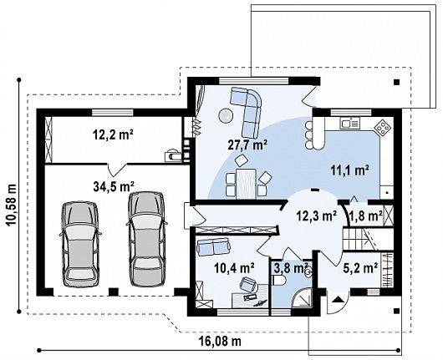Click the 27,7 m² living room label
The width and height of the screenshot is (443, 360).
[x=247, y=145]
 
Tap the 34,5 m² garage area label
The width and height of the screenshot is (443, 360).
[x=114, y=186]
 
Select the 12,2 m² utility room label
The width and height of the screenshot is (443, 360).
[x=113, y=134]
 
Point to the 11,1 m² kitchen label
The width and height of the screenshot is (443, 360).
[x=349, y=170]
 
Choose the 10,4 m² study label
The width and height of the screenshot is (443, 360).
[x=234, y=268]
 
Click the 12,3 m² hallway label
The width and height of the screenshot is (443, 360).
[x=316, y=215]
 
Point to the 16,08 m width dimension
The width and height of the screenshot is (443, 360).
[x=221, y=342]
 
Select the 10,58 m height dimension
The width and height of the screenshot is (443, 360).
[x=12, y=205]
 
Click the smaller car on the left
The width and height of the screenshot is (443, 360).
[x=80, y=245]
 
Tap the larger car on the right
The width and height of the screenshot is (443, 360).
[x=146, y=239]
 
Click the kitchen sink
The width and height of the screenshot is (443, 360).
[x=350, y=124]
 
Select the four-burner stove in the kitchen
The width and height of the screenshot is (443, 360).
[x=384, y=128]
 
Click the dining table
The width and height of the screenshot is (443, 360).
[x=246, y=183]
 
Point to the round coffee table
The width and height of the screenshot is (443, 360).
[x=226, y=116]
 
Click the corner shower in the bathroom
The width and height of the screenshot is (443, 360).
[x=301, y=297]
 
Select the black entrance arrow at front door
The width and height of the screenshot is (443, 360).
[x=338, y=299]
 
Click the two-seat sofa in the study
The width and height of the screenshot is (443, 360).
[x=213, y=246]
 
